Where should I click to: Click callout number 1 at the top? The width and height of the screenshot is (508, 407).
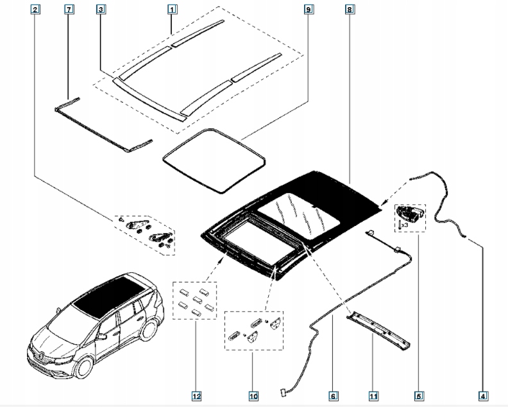click(x=172, y=10)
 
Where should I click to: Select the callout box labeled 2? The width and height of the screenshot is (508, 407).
click(x=35, y=10)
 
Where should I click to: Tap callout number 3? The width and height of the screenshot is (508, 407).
click(x=101, y=10)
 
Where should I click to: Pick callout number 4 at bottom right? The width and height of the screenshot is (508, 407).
click(x=483, y=395)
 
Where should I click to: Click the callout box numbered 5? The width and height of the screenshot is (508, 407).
click(x=419, y=395)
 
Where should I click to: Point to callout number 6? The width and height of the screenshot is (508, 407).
click(x=332, y=395)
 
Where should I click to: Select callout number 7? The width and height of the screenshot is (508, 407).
click(x=69, y=10)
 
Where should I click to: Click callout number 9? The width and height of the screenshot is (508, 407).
click(x=309, y=10)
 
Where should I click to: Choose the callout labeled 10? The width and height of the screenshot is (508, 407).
click(x=253, y=395)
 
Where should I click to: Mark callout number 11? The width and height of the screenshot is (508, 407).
click(x=373, y=395)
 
